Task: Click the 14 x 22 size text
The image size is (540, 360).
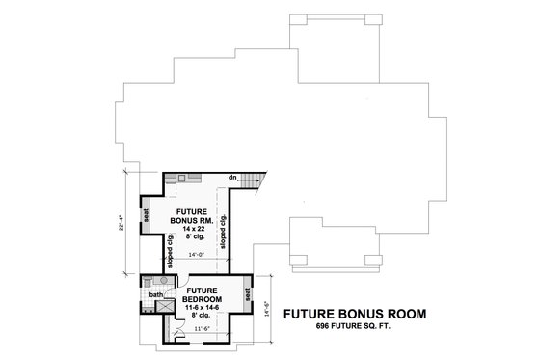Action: pos(190,228)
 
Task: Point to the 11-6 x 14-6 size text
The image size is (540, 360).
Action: pos(203,306)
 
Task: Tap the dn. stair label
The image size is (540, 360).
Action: pos(233,179)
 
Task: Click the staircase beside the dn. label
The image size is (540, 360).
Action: pos(251,181)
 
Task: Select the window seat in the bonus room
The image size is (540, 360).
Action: pos(145,216)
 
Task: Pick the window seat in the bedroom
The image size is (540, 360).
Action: pos(248,293)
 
